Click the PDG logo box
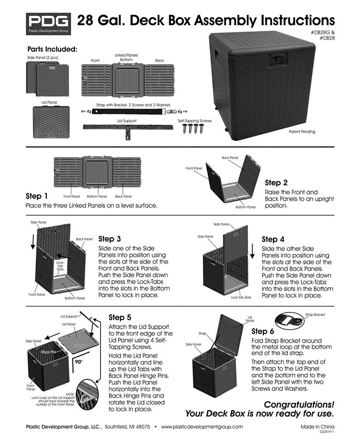pos(49,23)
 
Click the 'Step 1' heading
pos(37,196)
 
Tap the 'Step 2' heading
pos(273,183)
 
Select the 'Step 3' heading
pos(110,239)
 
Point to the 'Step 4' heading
pos(273,239)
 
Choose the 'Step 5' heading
pos(120,318)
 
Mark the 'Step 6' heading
pos(263,331)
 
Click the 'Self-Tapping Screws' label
pos(194,121)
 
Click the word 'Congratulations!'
pos(298,404)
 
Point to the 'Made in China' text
pos(317,427)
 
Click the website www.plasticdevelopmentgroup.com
pos(202,427)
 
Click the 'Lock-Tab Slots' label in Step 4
pos(241,297)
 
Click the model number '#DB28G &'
pos(322,33)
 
